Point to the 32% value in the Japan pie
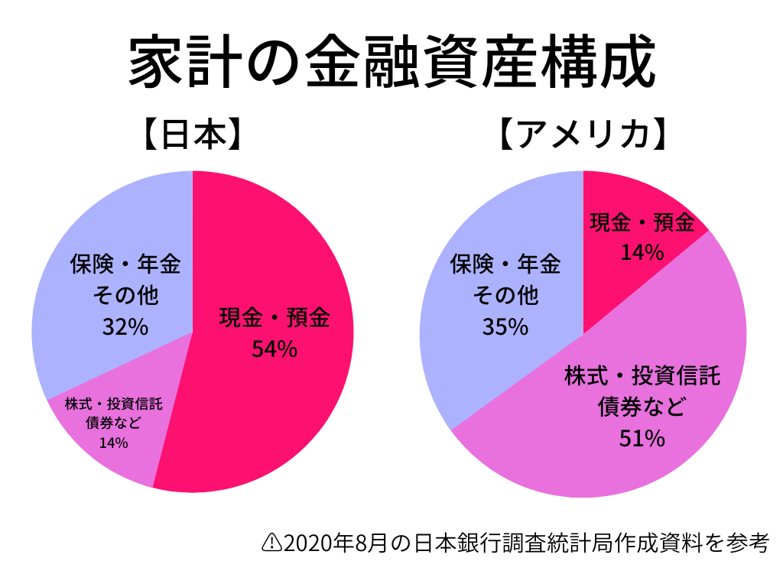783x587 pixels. [x=125, y=326]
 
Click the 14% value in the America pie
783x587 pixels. [x=642, y=251]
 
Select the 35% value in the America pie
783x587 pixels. [x=505, y=326]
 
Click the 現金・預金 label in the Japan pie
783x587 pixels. [x=275, y=317]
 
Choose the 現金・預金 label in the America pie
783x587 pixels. [x=642, y=222]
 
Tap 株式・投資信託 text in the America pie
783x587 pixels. [x=642, y=376]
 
